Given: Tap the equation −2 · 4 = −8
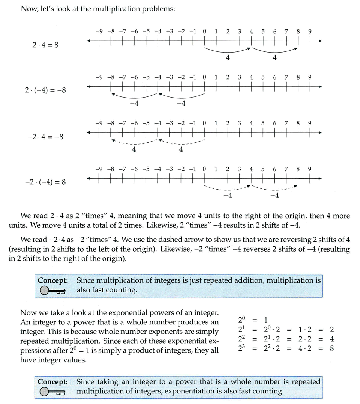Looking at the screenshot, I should (45, 137).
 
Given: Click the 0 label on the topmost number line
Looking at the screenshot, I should (204, 32).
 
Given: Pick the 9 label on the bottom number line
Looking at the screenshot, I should (310, 169).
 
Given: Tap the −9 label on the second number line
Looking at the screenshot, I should (99, 77).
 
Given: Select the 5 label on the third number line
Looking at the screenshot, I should (263, 123).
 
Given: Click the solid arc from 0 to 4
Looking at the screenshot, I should (228, 51).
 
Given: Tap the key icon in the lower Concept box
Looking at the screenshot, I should (52, 392).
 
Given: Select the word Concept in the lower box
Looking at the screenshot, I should (52, 382).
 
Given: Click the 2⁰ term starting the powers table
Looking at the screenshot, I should (242, 320).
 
